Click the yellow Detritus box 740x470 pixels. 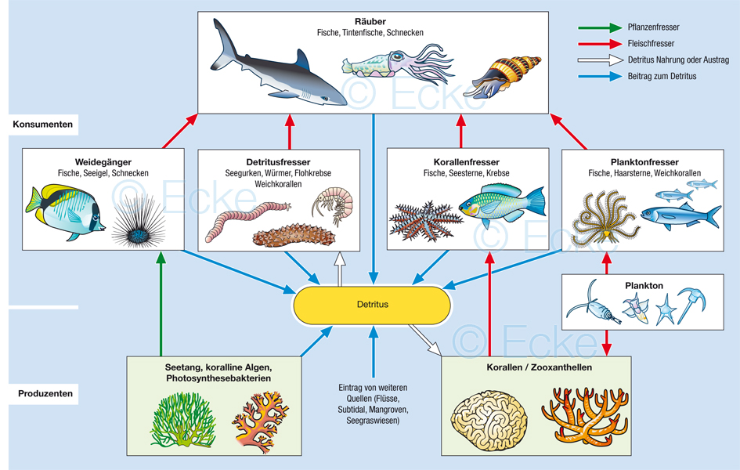click(x=372, y=304)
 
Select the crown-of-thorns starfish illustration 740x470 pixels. click(x=423, y=219)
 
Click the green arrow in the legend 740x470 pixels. click(x=600, y=27)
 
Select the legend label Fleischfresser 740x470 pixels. click(x=651, y=44)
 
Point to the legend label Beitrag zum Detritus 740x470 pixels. click(x=662, y=76)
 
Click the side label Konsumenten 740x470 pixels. click(x=43, y=124)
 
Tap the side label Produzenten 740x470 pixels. click(x=45, y=393)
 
